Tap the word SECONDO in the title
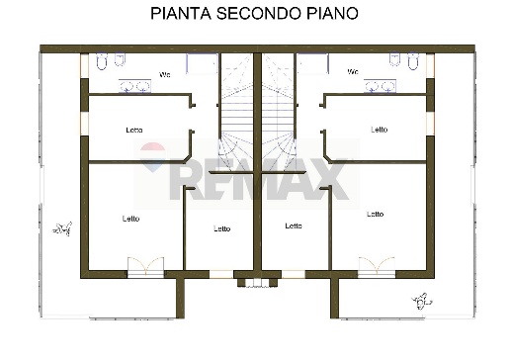(251, 14)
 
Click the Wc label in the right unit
(352, 71)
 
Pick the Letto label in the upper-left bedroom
(134, 130)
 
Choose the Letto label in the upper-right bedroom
(379, 130)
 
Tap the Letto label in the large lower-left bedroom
(130, 219)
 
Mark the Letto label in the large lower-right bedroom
(375, 214)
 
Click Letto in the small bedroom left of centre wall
(221, 228)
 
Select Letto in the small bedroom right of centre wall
(293, 225)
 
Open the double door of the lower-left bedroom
(144, 267)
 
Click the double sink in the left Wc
(134, 87)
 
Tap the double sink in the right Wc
(379, 87)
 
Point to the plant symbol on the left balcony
(64, 228)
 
